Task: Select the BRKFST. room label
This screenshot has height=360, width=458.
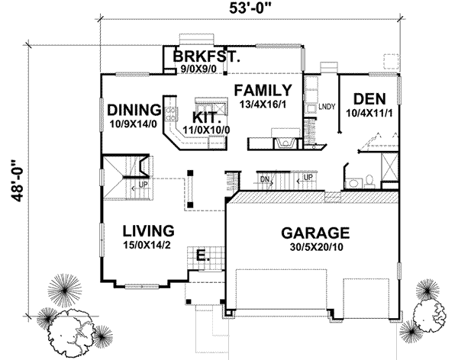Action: tap(206, 56)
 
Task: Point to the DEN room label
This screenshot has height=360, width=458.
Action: tap(369, 100)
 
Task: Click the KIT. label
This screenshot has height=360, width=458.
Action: tap(208, 118)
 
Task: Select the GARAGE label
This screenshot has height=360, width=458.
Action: tap(314, 233)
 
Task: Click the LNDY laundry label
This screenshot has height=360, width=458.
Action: tap(327, 106)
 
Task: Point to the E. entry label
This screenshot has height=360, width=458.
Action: tap(203, 255)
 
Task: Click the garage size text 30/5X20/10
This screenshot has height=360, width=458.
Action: tap(314, 248)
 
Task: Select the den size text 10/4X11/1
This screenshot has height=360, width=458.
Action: tap(369, 113)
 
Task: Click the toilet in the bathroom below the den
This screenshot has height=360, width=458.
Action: tap(368, 181)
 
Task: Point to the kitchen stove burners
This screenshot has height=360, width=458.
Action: tap(172, 115)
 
